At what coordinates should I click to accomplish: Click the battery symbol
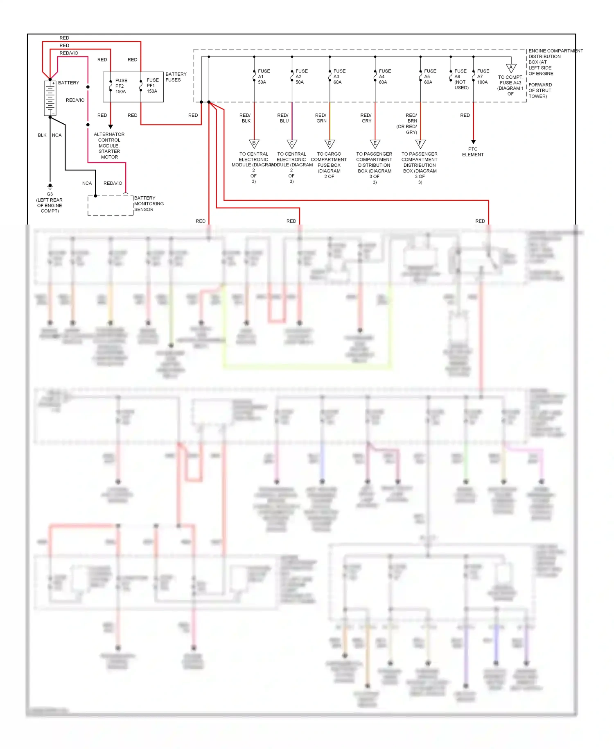50,98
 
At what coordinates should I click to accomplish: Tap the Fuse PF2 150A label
121,86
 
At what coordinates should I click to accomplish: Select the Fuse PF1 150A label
152,86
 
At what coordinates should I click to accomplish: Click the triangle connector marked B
254,144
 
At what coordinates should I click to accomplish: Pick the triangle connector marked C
292,144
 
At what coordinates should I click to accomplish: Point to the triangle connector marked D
330,144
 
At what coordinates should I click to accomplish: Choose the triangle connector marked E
375,144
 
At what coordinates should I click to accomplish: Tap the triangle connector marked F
420,144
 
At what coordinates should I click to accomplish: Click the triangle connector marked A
511,68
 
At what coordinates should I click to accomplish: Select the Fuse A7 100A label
483,77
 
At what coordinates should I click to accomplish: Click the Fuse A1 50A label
264,77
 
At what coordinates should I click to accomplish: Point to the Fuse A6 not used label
461,79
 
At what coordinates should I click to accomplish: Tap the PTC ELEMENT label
473,152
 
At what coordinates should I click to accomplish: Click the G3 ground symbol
50,186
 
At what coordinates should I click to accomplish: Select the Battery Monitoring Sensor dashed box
111,206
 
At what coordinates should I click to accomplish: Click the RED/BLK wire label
245,118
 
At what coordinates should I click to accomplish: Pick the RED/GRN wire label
321,118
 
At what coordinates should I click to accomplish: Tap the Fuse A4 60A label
384,77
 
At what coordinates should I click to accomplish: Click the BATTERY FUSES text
176,77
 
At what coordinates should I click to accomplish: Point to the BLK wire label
42,135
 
